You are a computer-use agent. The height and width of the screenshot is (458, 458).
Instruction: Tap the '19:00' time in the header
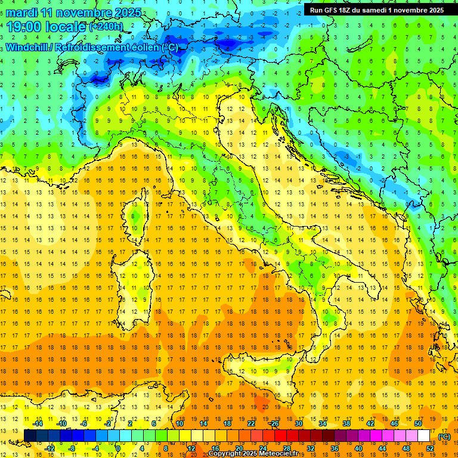coord(24,26)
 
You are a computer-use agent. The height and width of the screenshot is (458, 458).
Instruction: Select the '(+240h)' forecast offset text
coord(106,27)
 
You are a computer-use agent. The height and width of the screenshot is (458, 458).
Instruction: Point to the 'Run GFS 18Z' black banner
coord(376,10)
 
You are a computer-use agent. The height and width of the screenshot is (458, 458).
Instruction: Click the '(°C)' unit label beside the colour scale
coord(444,437)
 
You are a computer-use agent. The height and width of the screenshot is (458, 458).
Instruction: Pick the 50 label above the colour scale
coord(418,423)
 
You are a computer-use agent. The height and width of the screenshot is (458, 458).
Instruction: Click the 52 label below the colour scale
coord(429,448)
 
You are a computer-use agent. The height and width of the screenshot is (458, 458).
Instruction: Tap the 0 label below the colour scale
coord(118,448)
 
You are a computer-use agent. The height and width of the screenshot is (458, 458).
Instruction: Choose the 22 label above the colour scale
coord(251,423)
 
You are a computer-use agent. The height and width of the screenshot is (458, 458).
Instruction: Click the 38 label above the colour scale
coord(346,423)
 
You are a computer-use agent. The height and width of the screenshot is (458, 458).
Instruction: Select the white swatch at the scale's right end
coord(423,436)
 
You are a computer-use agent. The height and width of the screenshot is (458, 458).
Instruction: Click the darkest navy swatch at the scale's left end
coord(30,436)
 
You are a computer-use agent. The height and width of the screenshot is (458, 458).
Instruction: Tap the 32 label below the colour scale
coord(310,448)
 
